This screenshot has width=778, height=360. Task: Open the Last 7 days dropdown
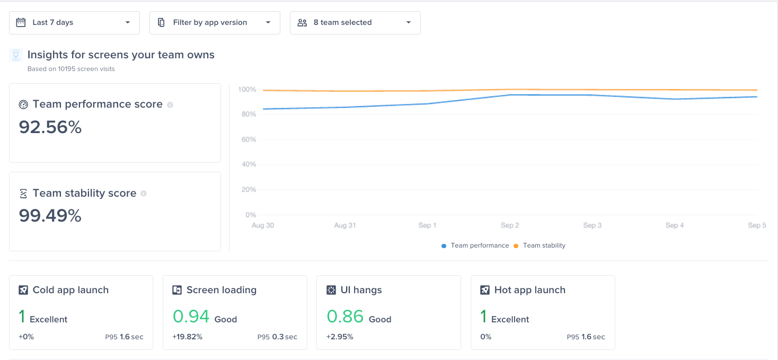coord(74,23)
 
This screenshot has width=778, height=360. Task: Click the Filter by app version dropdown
coord(215,23)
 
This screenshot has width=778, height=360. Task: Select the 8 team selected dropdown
coord(355,23)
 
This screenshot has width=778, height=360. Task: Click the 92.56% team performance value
coord(50,127)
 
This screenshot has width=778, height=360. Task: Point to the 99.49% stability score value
coord(50,216)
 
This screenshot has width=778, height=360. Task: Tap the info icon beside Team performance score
coord(170,105)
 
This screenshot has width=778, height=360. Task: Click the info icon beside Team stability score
coord(144,194)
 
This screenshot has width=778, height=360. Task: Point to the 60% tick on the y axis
coord(247,139)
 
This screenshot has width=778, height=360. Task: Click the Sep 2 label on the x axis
coord(510,225)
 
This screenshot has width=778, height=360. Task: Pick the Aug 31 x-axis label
coord(344,225)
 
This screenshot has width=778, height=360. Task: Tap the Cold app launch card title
coord(70,290)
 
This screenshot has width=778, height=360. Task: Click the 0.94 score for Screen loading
coord(191,317)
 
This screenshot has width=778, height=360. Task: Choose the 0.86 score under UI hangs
coord(345,317)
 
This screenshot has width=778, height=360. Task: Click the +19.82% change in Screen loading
coord(187,337)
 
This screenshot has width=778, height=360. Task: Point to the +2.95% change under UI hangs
coord(340,337)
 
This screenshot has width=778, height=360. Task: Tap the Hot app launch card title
coord(529,290)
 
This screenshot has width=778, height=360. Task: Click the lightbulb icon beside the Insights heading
coord(16,55)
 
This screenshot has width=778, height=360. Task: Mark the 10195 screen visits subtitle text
coord(71,69)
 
